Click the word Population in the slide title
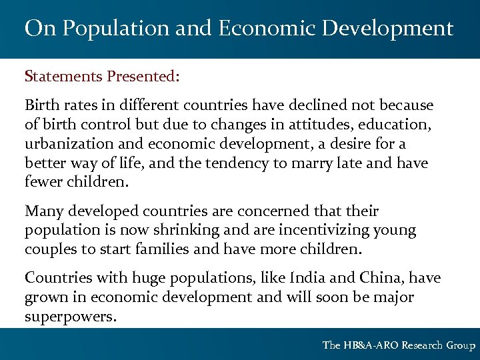coord(104,29)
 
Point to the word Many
coord(42,211)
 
